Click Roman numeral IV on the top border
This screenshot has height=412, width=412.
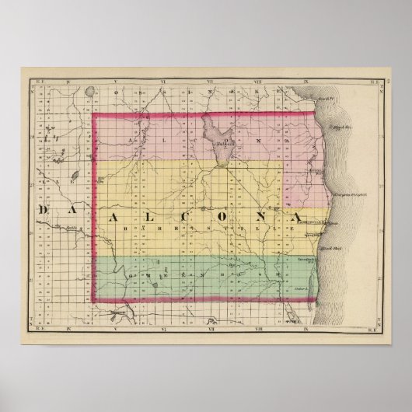69,80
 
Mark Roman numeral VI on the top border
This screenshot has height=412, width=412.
160,80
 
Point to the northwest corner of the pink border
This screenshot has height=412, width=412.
95,115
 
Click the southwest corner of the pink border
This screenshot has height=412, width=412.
95,302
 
